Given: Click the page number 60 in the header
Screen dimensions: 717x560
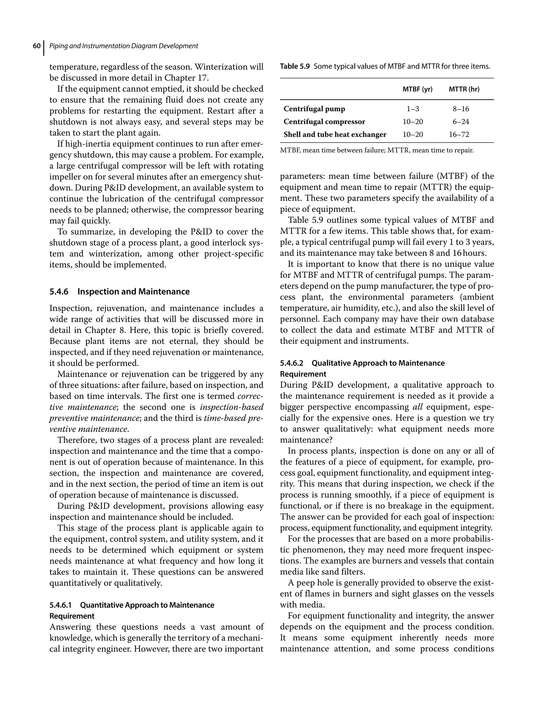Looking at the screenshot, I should (36, 46).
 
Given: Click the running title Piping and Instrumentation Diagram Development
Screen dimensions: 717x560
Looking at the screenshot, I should (123, 46).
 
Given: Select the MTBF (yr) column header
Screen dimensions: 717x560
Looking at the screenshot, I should (417, 89).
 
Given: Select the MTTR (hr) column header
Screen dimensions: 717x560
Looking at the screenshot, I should (464, 89).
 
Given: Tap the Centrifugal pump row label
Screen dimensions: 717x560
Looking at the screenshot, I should (314, 109).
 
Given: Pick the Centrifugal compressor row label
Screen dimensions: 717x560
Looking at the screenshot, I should (324, 122).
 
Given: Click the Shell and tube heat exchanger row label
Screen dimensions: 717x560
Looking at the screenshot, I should (335, 135).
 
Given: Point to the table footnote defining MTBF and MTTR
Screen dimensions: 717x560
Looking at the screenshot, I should (377, 151).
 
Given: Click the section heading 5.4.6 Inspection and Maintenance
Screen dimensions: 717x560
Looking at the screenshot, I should (119, 291).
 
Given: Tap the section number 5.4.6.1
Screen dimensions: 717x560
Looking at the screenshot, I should (60, 605).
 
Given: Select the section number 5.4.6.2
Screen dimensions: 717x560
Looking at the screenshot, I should (291, 363).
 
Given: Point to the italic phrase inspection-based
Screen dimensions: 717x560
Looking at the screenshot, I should (232, 407).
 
